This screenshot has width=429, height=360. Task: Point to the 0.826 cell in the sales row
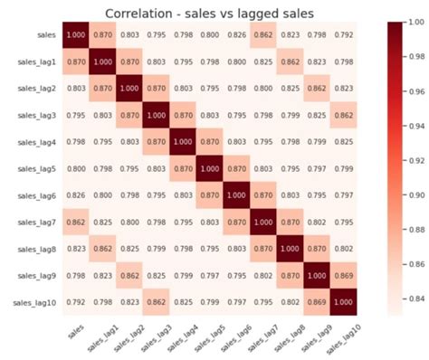(236, 33)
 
